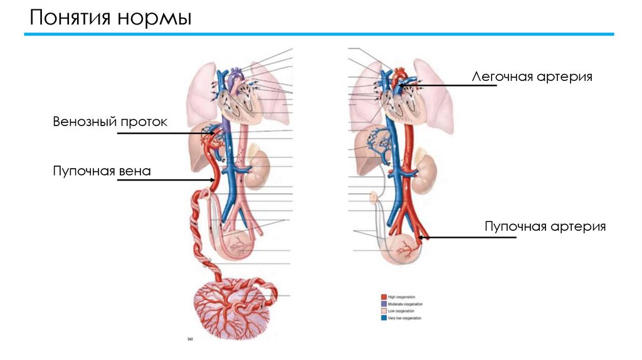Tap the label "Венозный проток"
pos(110,122)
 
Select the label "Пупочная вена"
pos(102,171)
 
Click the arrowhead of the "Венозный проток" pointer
pos(215,133)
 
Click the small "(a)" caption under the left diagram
pos(190,339)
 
